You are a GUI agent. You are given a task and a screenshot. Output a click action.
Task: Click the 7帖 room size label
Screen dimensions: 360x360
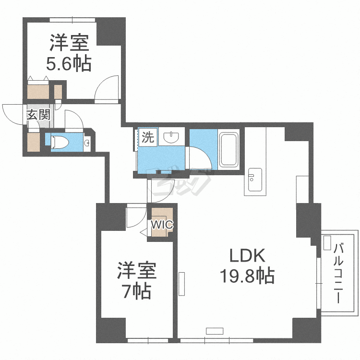pos(136,291)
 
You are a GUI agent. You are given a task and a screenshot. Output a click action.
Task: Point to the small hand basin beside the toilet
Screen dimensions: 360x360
pos(86,144)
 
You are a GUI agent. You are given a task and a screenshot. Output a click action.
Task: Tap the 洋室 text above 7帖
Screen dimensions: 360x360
pos(137,272)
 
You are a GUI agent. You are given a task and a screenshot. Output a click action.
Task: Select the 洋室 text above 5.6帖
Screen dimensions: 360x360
pos(69,44)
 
